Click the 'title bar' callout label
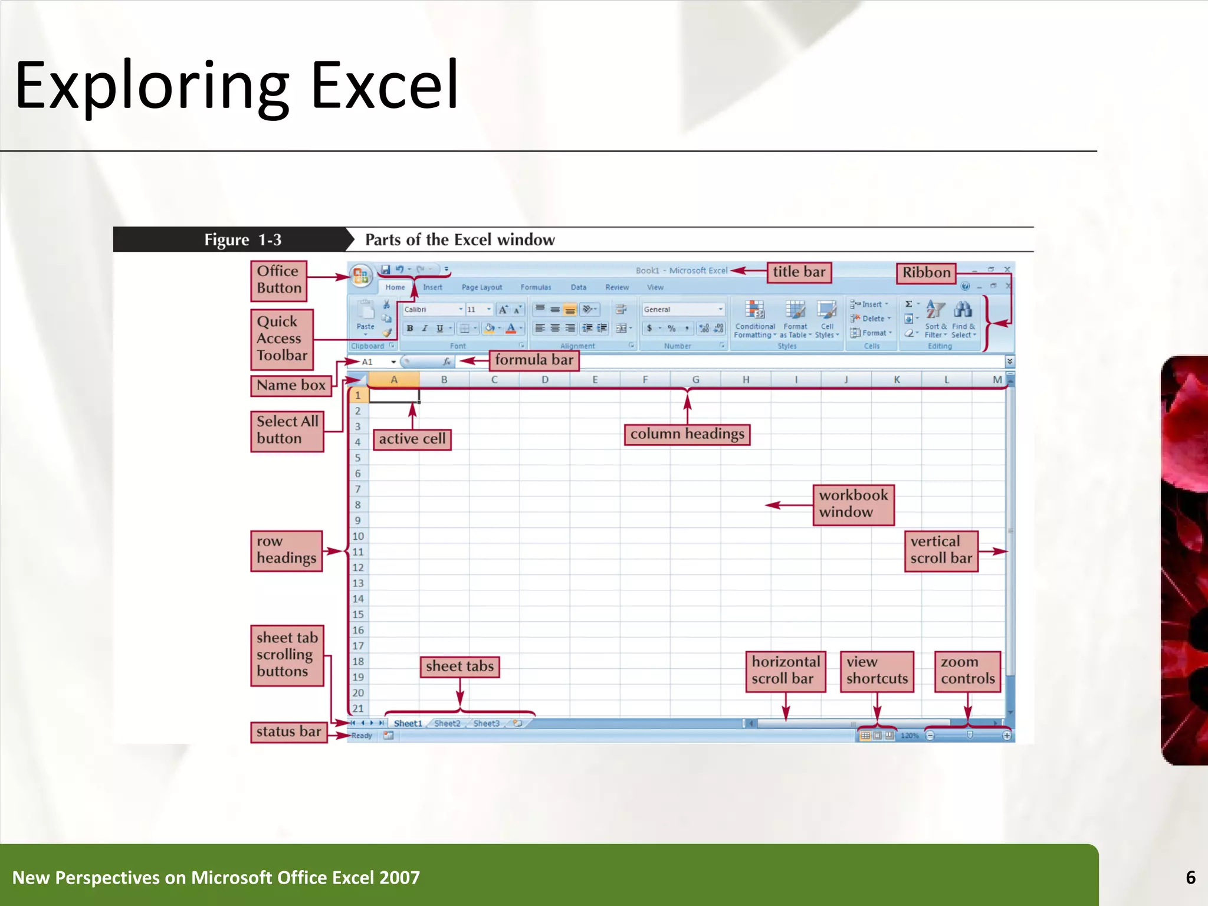(x=799, y=273)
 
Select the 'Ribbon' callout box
(x=926, y=273)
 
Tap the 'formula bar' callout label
(x=534, y=360)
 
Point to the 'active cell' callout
(x=412, y=439)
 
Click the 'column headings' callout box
(x=687, y=434)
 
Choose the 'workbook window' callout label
(x=853, y=504)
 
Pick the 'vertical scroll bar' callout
(x=941, y=550)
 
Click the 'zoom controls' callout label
(x=967, y=671)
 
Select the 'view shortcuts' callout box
(x=877, y=671)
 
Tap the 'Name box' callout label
(x=291, y=385)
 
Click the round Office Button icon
(x=360, y=275)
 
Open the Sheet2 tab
(x=447, y=723)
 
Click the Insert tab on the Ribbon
(x=432, y=287)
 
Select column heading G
(x=695, y=380)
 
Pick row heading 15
(x=358, y=615)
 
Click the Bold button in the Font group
(x=410, y=329)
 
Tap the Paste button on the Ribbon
(x=365, y=316)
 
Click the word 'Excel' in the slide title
(x=384, y=86)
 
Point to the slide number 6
(x=1190, y=877)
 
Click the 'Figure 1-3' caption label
(x=242, y=240)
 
